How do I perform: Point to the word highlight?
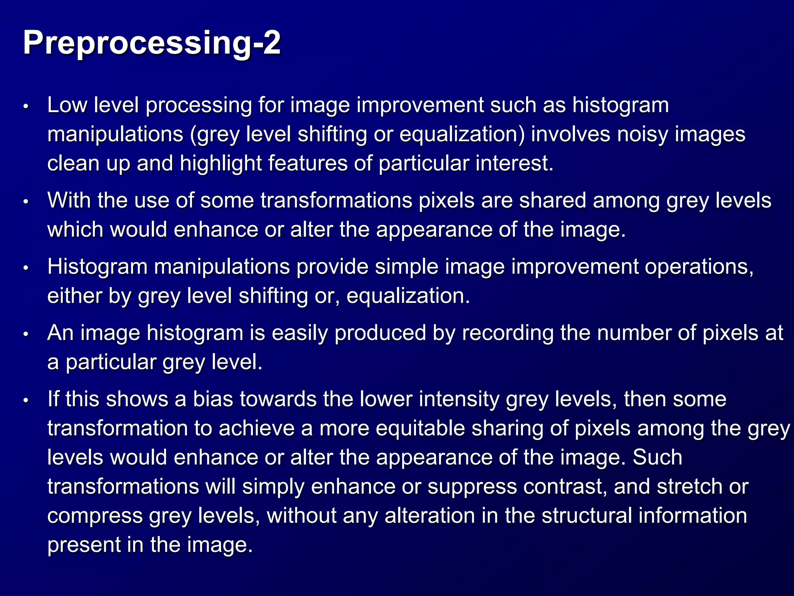pyautogui.click(x=221, y=163)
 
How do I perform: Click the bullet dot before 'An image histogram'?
pyautogui.click(x=26, y=334)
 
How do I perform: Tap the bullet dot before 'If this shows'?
pyautogui.click(x=26, y=400)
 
